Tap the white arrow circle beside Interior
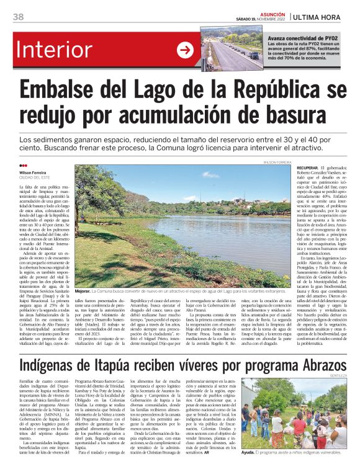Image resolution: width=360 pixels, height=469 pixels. point(186,50)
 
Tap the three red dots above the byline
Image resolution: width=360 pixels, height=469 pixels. point(23,166)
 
